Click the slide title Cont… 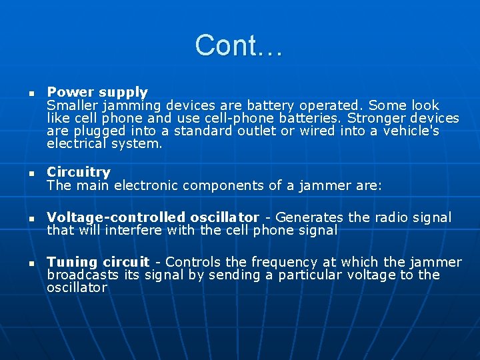coord(239,45)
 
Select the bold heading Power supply coord(97,92)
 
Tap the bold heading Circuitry coord(79,173)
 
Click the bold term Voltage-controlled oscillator coord(153,217)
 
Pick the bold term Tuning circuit coord(98,262)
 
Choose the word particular coord(313,275)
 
